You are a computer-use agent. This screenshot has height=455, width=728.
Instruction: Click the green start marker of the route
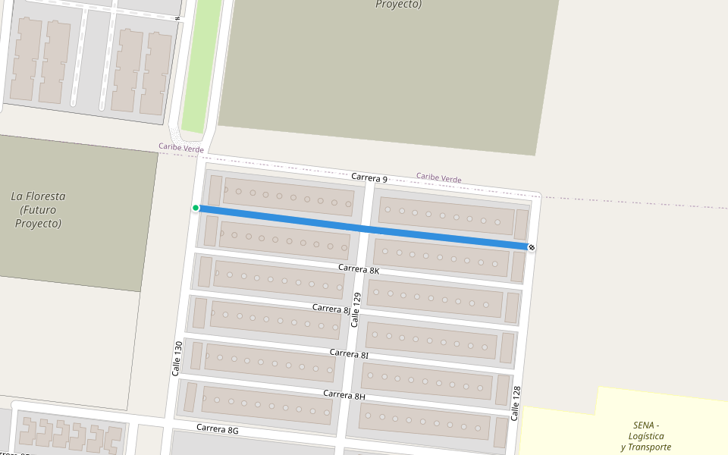[196, 208]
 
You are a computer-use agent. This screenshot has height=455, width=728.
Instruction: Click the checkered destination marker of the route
[532, 247]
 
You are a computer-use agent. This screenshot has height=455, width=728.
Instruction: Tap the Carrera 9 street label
[371, 178]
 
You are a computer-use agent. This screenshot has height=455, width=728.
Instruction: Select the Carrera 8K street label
[359, 269]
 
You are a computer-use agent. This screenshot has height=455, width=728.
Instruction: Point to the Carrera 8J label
[332, 309]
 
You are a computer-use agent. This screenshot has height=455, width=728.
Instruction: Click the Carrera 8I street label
[349, 354]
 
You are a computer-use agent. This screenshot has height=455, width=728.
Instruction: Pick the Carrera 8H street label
[344, 395]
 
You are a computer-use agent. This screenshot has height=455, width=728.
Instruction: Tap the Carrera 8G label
[218, 429]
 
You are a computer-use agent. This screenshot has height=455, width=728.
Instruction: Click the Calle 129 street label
[356, 309]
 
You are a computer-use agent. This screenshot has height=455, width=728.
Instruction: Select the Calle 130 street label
[177, 358]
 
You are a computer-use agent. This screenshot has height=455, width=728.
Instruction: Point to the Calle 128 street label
[516, 403]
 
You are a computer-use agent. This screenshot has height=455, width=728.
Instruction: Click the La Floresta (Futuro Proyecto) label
[38, 210]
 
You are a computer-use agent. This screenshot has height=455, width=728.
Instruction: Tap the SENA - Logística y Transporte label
[646, 436]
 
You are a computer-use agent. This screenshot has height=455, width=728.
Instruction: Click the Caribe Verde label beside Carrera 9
[438, 178]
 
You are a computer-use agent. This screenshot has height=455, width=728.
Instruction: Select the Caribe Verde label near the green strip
[180, 147]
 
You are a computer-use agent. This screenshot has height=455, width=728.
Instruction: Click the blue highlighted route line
[364, 227]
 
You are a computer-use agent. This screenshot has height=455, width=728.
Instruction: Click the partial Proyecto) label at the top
[398, 5]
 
